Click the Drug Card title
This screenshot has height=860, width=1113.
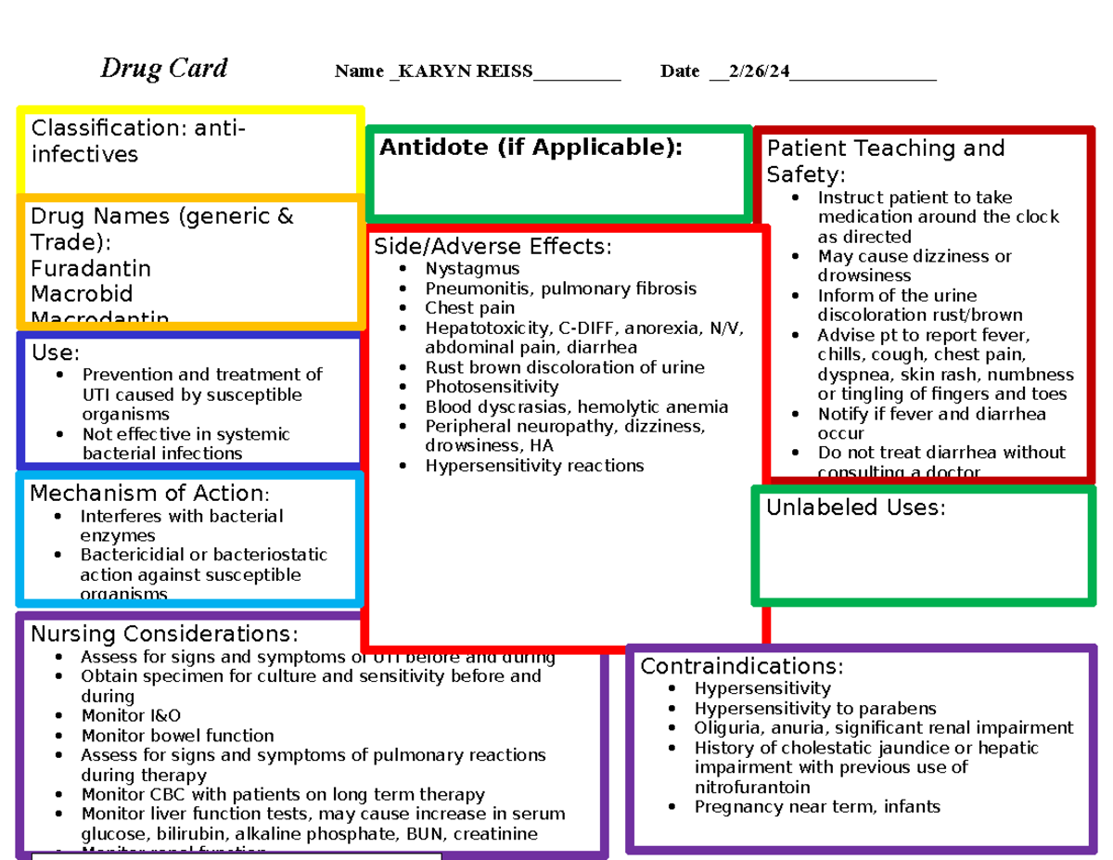[x=164, y=69]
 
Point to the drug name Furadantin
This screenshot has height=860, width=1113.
[x=91, y=269]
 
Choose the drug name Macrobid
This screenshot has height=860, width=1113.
[x=82, y=294]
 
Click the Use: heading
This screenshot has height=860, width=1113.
[x=56, y=353]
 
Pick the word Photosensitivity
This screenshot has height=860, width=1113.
[x=492, y=387]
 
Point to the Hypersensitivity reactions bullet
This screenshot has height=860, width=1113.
[x=534, y=466]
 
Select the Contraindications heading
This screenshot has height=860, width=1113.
[x=742, y=666]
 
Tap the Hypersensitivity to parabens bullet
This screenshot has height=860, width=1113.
[x=815, y=708]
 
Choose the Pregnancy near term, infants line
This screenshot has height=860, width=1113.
[x=817, y=806]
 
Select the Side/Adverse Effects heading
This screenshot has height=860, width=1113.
[x=493, y=247]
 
